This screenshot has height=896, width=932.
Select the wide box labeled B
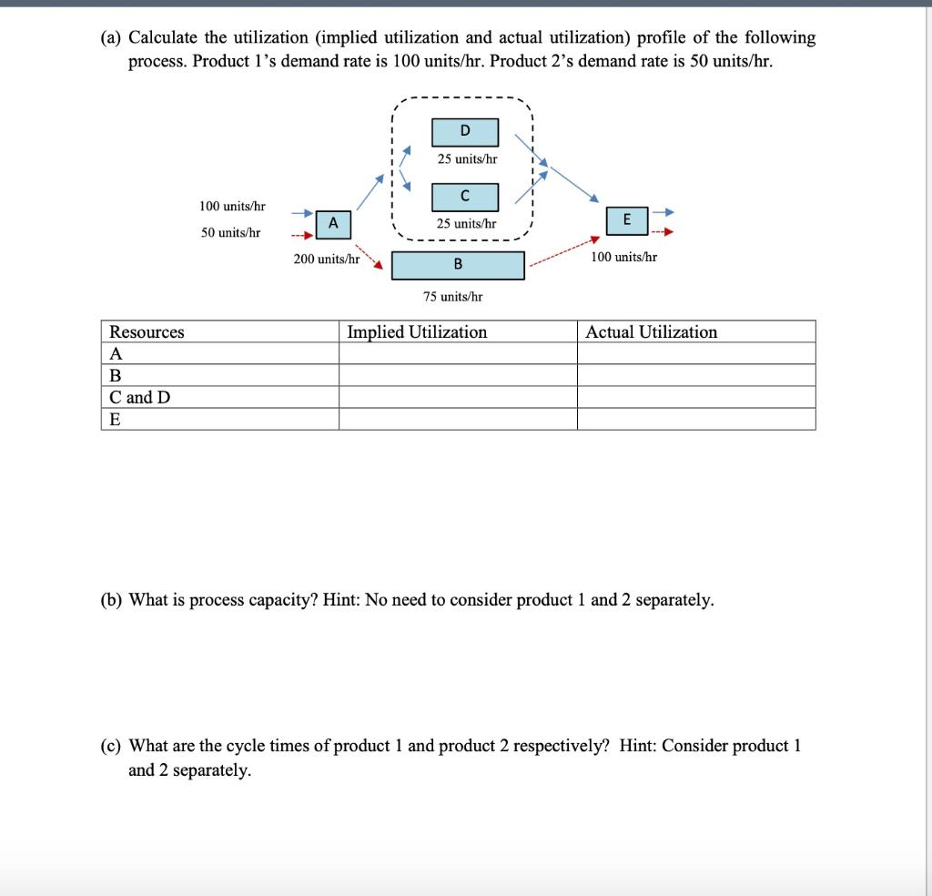click(x=458, y=265)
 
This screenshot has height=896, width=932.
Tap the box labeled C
click(x=465, y=196)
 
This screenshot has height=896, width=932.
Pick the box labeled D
click(x=465, y=132)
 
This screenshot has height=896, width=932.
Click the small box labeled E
click(x=625, y=219)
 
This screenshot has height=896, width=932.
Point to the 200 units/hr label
click(x=326, y=260)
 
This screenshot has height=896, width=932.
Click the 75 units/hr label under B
click(x=452, y=296)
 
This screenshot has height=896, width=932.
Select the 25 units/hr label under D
click(x=467, y=159)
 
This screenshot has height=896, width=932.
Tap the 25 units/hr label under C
click(x=466, y=223)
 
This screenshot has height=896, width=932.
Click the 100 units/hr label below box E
click(x=623, y=258)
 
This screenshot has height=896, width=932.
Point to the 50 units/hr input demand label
click(x=230, y=233)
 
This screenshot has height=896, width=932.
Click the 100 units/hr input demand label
click(x=232, y=208)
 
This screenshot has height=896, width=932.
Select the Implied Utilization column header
click(x=417, y=332)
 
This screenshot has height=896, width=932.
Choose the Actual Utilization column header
click(x=651, y=332)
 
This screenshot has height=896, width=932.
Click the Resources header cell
click(x=147, y=332)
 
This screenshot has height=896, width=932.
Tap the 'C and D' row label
click(x=139, y=398)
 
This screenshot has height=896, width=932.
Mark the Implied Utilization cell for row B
click(x=457, y=375)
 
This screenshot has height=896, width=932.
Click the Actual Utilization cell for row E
click(x=695, y=419)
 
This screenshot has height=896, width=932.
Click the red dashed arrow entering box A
click(x=302, y=233)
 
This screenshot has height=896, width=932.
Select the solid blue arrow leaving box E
click(x=664, y=211)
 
